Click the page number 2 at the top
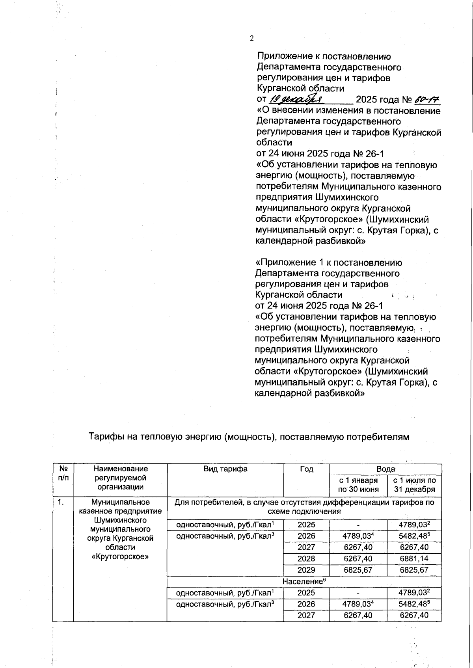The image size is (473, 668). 252,38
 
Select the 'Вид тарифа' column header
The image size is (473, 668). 225,469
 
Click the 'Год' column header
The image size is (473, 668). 306,469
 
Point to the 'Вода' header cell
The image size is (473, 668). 385,469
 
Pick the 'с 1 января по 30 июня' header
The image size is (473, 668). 358,485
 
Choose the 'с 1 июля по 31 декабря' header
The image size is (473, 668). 414,485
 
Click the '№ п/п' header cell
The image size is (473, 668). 63,473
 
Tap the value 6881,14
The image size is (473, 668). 414,559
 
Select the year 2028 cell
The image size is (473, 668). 306,559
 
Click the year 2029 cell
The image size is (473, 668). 306,570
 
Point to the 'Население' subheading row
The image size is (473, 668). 304,581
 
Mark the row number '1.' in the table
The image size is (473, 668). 60,502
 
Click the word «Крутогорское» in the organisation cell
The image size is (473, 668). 120,557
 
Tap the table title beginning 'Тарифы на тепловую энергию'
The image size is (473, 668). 248,437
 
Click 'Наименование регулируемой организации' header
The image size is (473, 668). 120,478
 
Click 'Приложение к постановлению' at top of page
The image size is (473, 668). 324,57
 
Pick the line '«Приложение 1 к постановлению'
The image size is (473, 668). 329,262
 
